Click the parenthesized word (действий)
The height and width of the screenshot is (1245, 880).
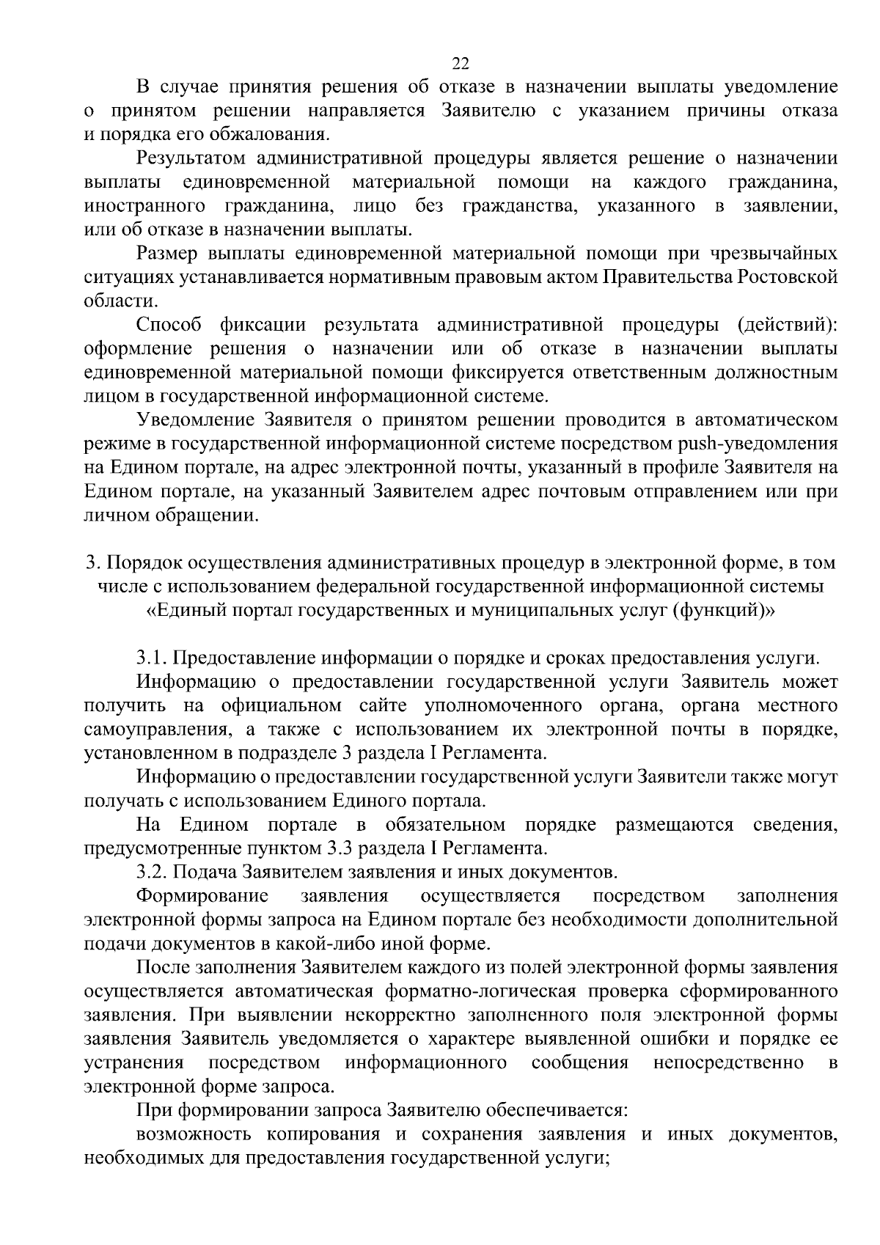pos(787,325)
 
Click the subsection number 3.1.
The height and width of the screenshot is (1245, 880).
pos(153,658)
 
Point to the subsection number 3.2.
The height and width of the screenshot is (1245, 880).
pos(153,873)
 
